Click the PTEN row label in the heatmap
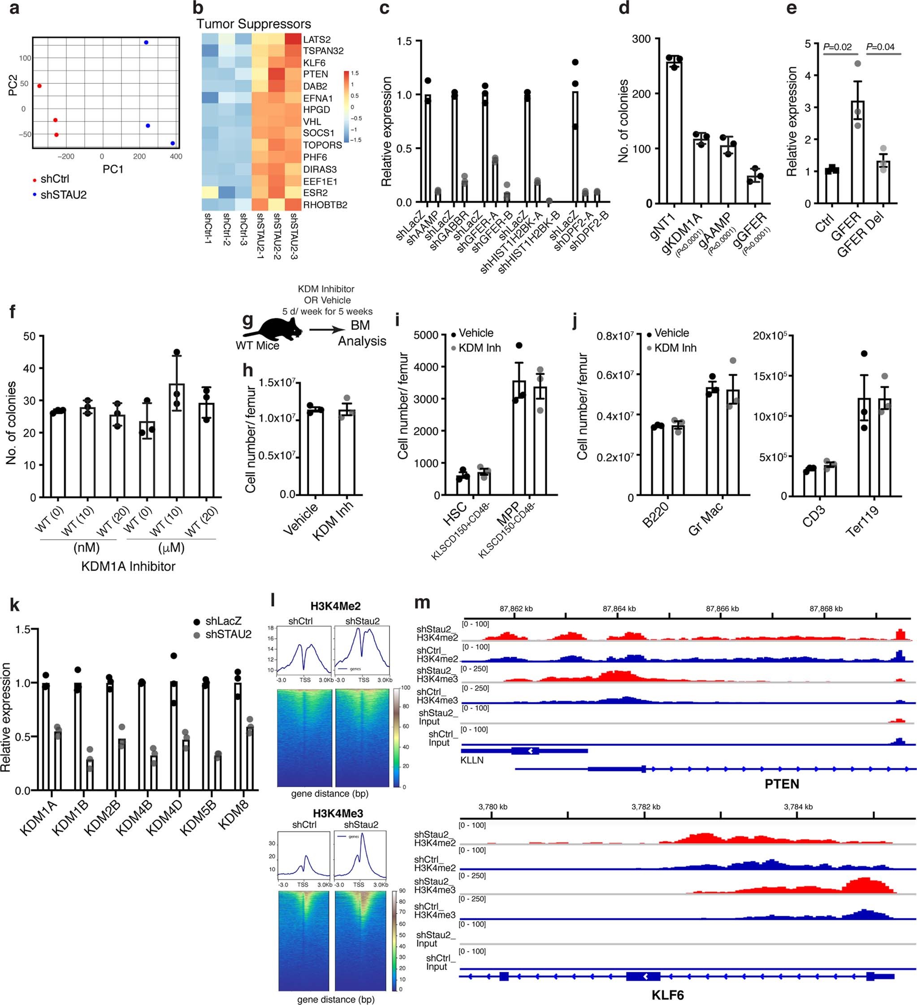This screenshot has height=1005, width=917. pyautogui.click(x=316, y=74)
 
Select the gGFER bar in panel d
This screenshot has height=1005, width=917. pyautogui.click(x=755, y=190)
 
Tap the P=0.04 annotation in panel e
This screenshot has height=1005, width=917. pyautogui.click(x=880, y=47)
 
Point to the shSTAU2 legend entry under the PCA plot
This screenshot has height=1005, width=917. pyautogui.click(x=63, y=195)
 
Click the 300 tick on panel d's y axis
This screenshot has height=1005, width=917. pyautogui.click(x=641, y=39)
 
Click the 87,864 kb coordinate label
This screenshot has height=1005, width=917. pyautogui.click(x=619, y=609)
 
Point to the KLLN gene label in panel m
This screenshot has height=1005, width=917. pyautogui.click(x=471, y=760)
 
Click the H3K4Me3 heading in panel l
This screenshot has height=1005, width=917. pyautogui.click(x=338, y=813)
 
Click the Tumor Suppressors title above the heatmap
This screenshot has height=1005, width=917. pyautogui.click(x=253, y=24)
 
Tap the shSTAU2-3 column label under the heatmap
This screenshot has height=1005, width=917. pyautogui.click(x=294, y=236)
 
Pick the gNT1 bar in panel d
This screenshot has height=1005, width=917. pyautogui.click(x=674, y=133)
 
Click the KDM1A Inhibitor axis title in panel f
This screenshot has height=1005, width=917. pyautogui.click(x=128, y=566)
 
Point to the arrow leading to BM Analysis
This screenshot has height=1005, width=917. pyautogui.click(x=327, y=329)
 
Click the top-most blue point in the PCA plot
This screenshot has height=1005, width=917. pyautogui.click(x=146, y=43)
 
